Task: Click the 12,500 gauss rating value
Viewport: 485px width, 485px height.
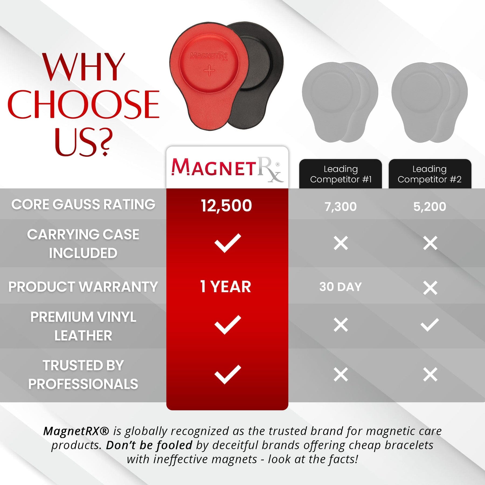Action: point(226,206)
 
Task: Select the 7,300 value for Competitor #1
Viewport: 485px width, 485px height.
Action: point(341,207)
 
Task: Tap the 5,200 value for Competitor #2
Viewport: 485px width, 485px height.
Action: point(430,207)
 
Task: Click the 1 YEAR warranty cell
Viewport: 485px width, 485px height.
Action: point(226,286)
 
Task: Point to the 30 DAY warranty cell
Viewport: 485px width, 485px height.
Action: point(341,287)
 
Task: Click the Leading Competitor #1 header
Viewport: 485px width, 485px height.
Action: point(341,174)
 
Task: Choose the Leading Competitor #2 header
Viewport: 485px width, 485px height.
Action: point(430,174)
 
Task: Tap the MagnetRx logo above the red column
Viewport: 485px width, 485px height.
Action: point(227,169)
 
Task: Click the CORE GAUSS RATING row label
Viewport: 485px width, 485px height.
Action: point(83,204)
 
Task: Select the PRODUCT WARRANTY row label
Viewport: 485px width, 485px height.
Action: point(83,287)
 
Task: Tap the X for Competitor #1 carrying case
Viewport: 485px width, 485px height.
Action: point(341,243)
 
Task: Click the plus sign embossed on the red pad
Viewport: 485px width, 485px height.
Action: point(209,71)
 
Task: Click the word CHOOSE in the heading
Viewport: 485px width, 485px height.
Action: point(84,105)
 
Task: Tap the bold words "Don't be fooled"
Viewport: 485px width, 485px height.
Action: point(149,445)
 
